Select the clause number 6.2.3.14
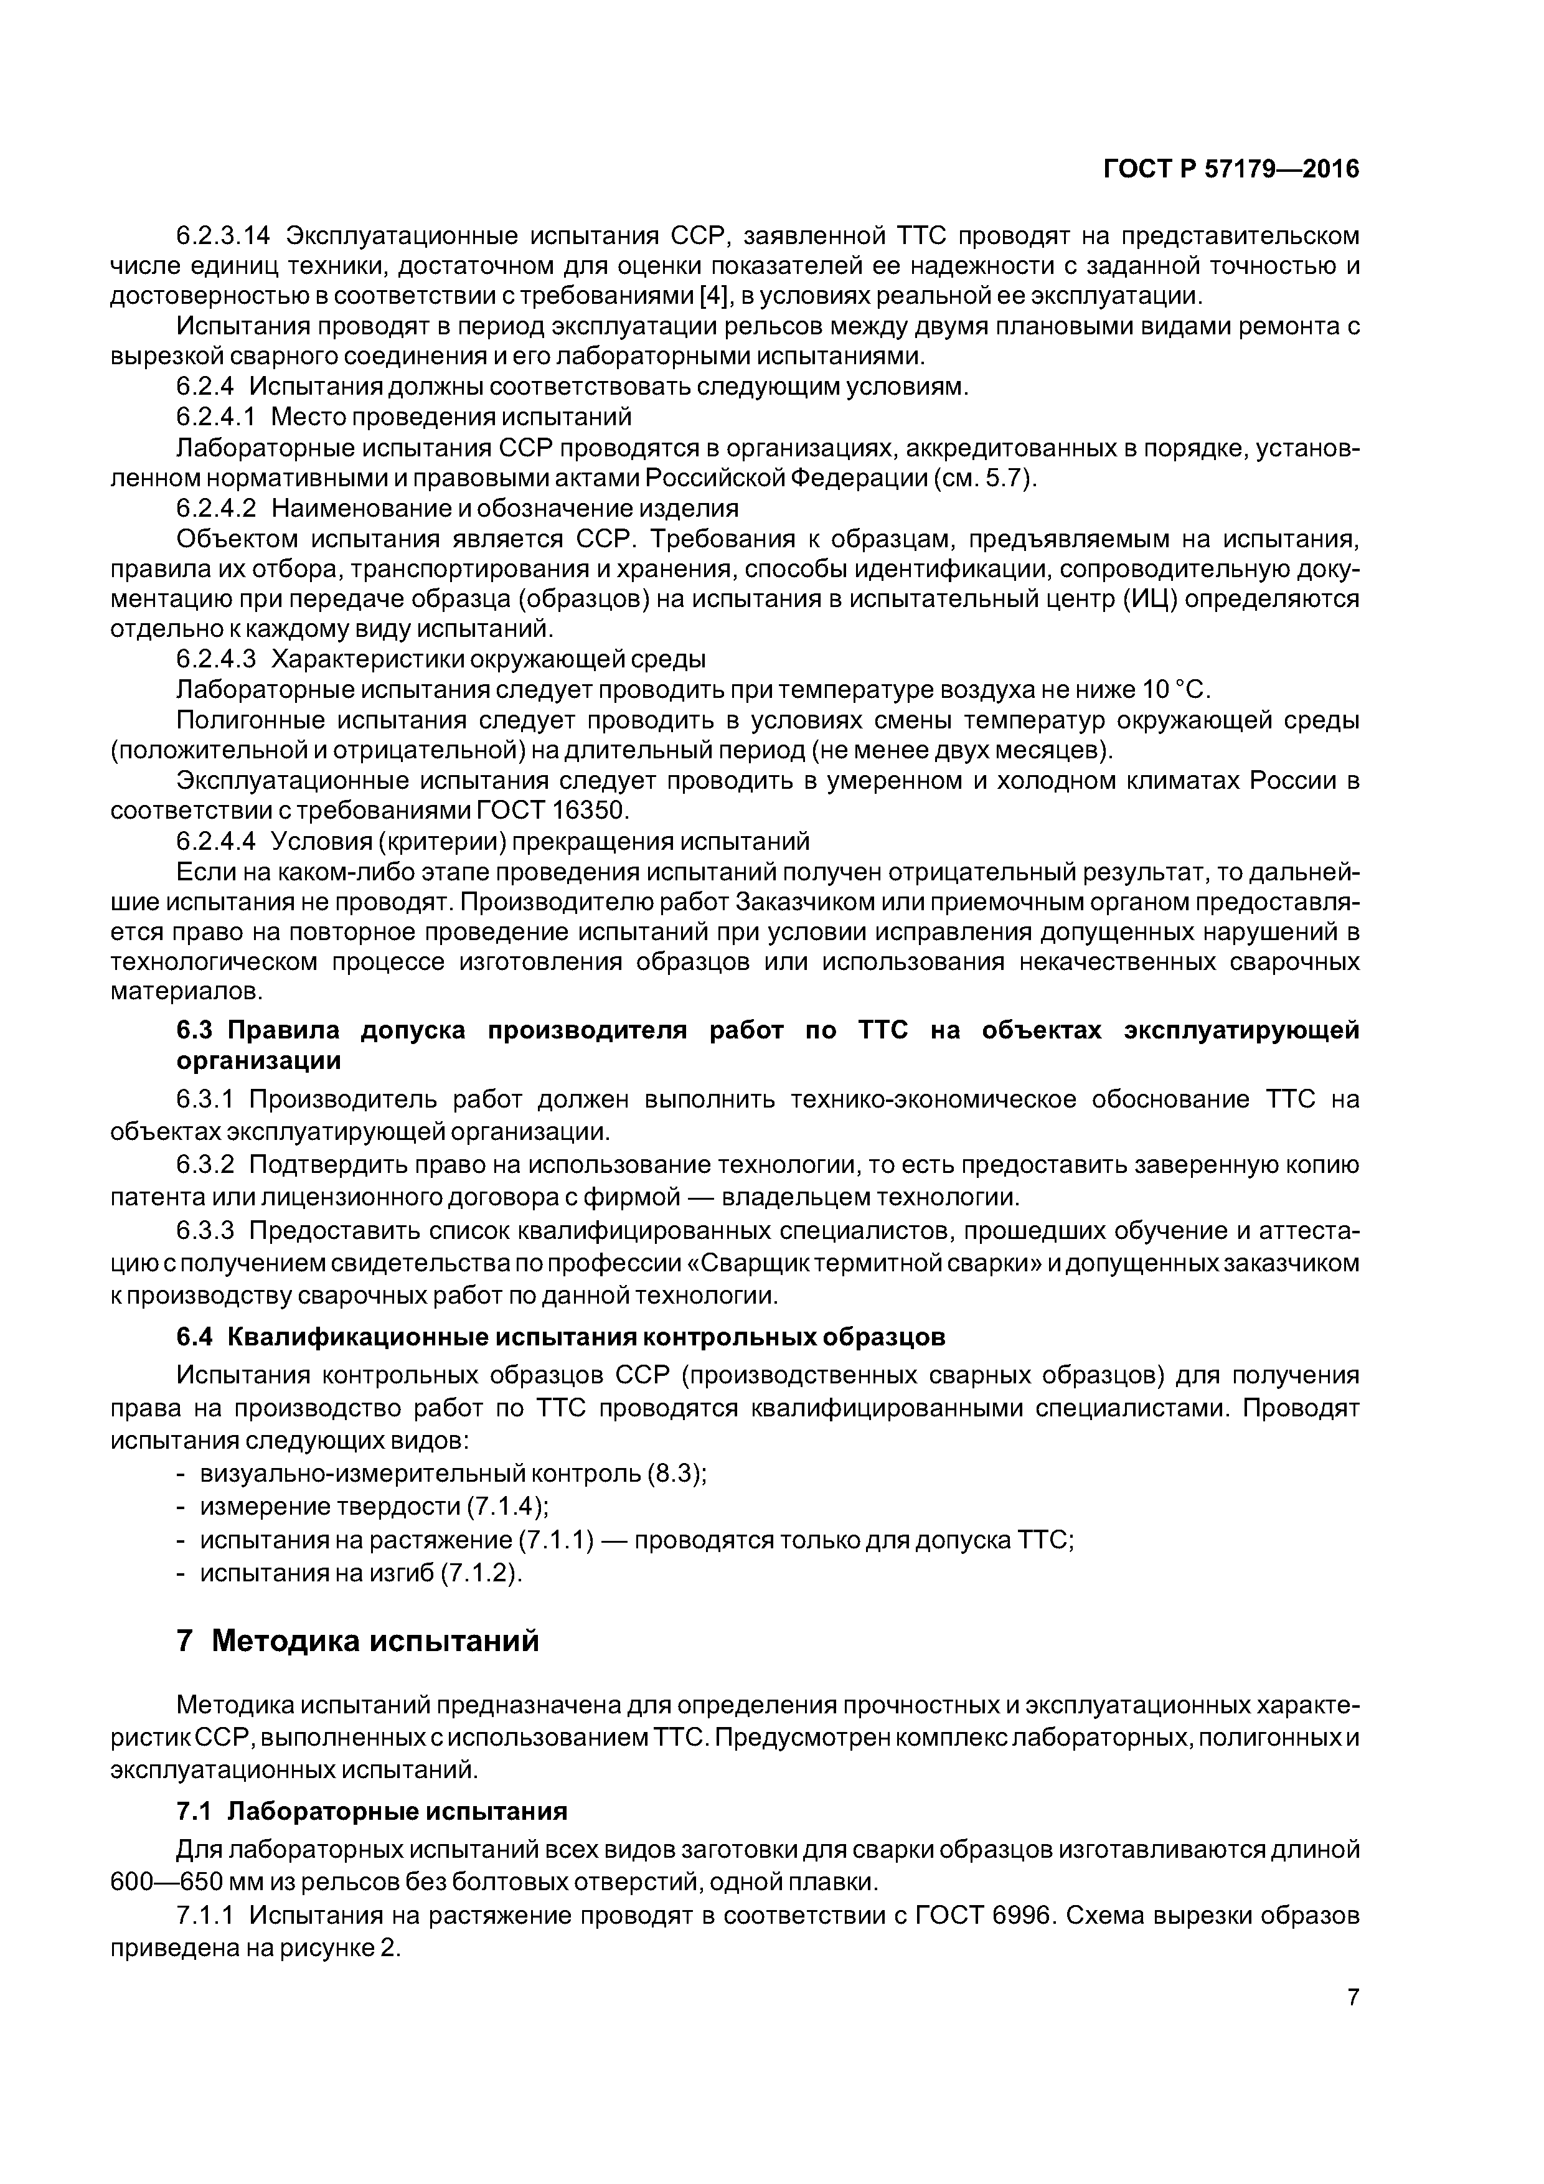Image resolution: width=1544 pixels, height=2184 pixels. coord(224,235)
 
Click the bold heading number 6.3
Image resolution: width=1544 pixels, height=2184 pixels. coord(198,1030)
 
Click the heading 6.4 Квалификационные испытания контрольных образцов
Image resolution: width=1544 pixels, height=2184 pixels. coord(562,1337)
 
